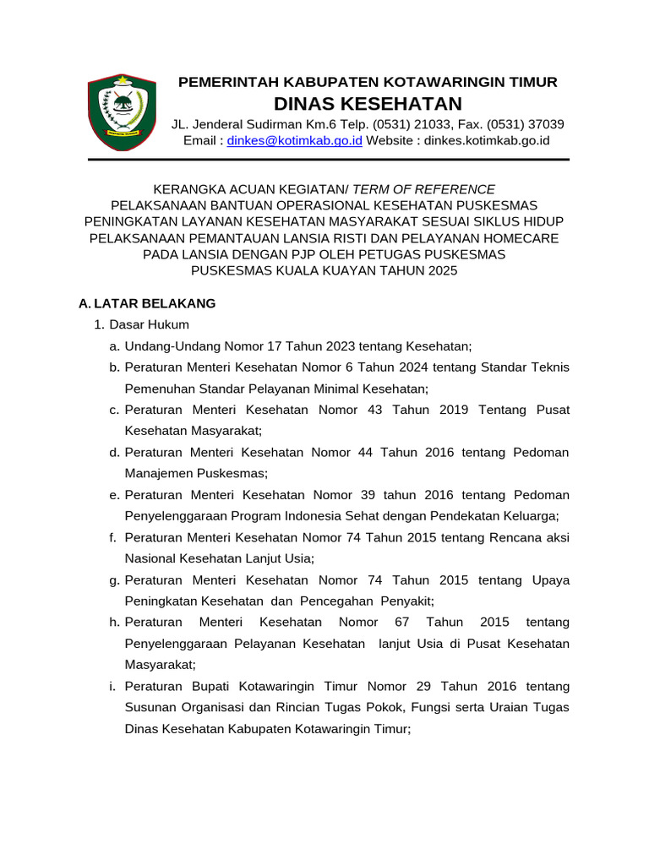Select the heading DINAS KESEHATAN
[x=368, y=103]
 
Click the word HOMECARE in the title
[x=521, y=238]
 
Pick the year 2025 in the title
[x=439, y=270]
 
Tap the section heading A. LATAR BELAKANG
[x=147, y=302]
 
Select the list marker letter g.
[x=113, y=579]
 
